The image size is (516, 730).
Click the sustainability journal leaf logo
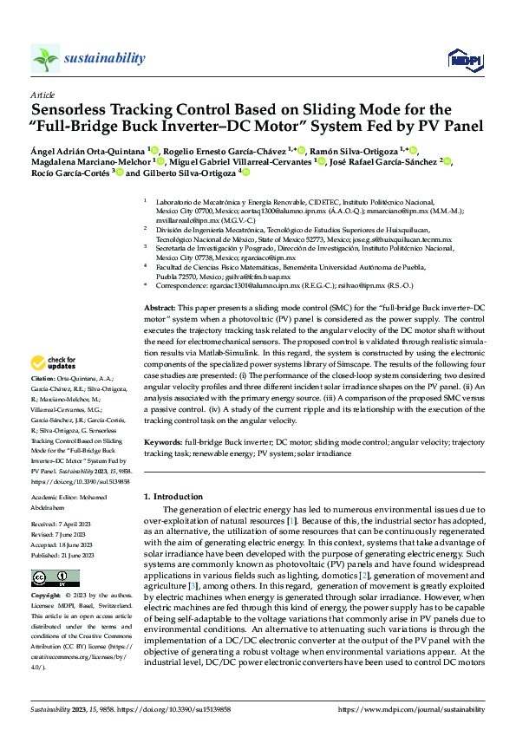click(46, 58)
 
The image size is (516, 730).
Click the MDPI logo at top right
click(464, 58)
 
